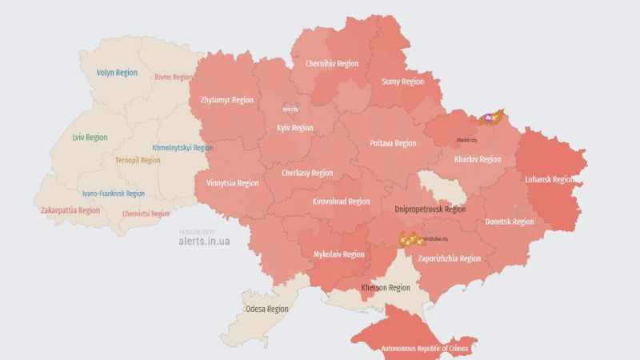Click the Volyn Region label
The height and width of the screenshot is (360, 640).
click(117, 73)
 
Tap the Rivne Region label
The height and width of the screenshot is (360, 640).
click(174, 78)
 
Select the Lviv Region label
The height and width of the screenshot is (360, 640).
click(90, 138)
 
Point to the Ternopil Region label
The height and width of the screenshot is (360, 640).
click(138, 160)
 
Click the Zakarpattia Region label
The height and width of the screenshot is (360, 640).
click(70, 210)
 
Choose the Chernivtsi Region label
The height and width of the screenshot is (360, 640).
click(146, 214)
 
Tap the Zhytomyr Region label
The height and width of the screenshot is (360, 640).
click(226, 101)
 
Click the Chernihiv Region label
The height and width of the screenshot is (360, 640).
click(330, 64)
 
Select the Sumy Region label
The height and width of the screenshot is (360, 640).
click(402, 82)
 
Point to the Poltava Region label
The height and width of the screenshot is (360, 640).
click(393, 143)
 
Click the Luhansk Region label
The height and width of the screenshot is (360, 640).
click(550, 179)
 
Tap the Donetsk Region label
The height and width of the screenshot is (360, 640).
click(510, 222)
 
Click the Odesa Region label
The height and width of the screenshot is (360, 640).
click(266, 309)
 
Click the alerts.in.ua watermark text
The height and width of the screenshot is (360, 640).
click(204, 240)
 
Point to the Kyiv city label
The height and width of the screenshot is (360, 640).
click(290, 109)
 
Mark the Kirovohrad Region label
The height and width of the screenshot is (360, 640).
click(342, 202)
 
